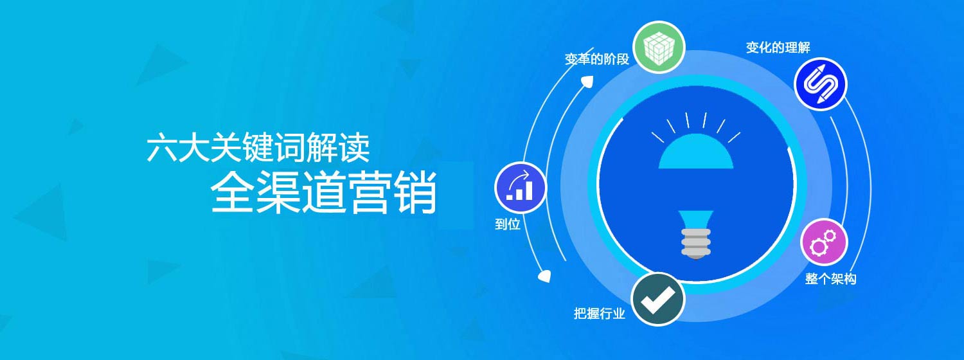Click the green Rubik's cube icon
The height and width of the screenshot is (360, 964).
(659, 48)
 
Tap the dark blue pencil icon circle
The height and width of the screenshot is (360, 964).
(820, 84)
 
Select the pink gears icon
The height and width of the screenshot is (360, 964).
(824, 242)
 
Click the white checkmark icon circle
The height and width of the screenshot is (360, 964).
(657, 300)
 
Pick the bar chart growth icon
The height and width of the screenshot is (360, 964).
(521, 188)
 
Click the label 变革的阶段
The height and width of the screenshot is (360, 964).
(597, 59)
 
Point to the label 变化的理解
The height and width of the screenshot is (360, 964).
(778, 48)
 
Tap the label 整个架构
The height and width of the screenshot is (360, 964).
(830, 279)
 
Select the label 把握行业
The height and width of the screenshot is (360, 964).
(599, 313)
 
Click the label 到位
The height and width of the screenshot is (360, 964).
(508, 224)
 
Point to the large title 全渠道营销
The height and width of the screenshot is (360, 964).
(324, 192)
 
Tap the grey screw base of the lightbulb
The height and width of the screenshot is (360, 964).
(696, 243)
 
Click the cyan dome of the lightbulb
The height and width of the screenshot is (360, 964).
(696, 151)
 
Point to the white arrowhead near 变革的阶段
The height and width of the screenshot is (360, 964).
(587, 81)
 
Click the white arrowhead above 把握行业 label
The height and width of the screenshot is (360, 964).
(544, 276)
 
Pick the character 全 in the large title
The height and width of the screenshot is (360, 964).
(233, 192)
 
